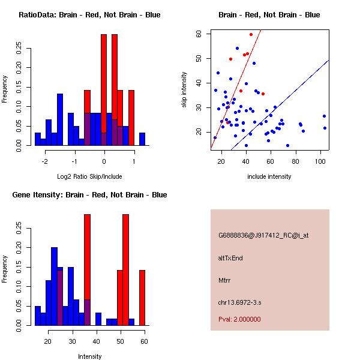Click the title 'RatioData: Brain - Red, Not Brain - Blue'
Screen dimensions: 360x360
(x=89, y=14)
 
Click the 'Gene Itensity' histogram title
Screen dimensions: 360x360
(x=89, y=194)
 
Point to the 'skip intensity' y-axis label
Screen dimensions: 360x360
(x=185, y=90)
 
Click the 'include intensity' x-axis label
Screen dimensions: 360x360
(x=269, y=176)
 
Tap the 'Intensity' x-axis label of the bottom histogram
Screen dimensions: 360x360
(x=89, y=356)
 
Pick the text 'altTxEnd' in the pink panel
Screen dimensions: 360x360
(x=230, y=258)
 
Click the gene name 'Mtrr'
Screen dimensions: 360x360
(x=224, y=280)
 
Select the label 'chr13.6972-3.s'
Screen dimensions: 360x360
(x=237, y=301)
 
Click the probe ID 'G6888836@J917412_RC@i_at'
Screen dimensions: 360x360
(x=263, y=236)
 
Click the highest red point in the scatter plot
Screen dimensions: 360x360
(x=251, y=34)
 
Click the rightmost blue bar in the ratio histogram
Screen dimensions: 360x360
(x=142, y=139)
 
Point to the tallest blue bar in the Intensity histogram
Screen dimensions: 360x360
(x=54, y=286)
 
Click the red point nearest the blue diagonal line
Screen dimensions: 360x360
(x=263, y=94)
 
